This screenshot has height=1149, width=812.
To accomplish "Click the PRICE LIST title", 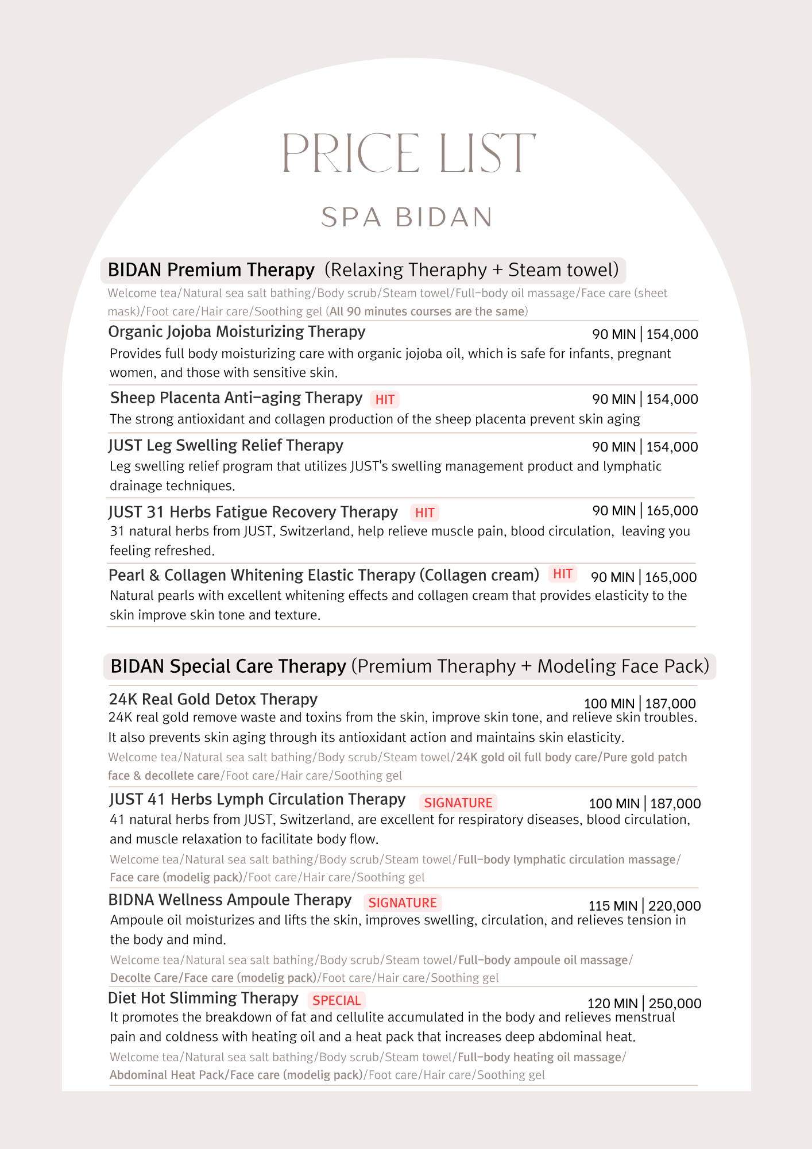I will click(408, 153).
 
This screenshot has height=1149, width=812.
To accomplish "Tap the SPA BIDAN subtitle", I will click(407, 217).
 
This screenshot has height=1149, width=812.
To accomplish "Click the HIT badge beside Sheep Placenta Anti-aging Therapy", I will click(385, 399).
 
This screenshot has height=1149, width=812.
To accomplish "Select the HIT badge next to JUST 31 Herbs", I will click(424, 512).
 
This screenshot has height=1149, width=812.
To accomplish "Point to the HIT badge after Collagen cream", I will click(562, 573).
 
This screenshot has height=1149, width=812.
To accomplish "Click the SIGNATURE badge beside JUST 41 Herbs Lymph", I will click(458, 803).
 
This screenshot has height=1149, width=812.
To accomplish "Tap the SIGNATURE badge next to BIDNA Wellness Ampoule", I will click(403, 903).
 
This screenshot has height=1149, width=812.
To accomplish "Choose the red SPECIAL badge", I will click(337, 1000).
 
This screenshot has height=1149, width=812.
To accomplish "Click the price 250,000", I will click(675, 1003).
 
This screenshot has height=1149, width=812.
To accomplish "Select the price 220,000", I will click(674, 905).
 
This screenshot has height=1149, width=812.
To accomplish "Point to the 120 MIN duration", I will click(612, 1003).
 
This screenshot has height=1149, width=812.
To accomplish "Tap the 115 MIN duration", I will click(613, 905).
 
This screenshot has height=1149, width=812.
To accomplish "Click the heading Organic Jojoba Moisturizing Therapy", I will click(237, 331).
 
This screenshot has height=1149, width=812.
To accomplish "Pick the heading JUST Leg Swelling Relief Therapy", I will click(226, 445).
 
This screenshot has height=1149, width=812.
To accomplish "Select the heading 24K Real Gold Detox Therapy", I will click(213, 699).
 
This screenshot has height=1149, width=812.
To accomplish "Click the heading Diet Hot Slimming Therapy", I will click(203, 998).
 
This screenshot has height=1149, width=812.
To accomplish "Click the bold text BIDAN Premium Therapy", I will click(211, 269).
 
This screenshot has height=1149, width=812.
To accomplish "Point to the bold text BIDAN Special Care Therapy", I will click(228, 666).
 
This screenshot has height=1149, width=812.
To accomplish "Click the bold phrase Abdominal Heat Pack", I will click(167, 1074).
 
